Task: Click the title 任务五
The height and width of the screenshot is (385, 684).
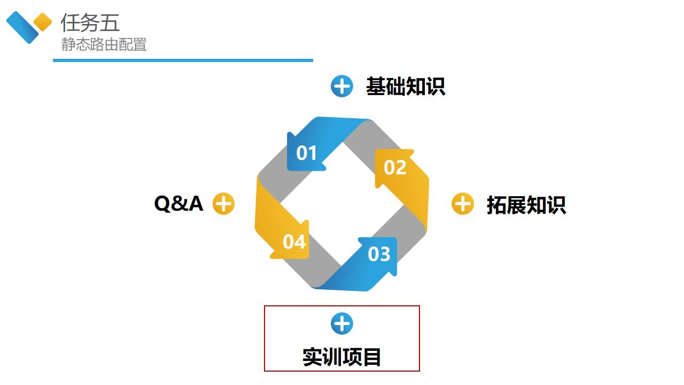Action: (x=90, y=23)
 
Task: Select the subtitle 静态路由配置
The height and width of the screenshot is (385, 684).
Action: (x=104, y=45)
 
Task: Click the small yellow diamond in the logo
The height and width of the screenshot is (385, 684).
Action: (x=43, y=22)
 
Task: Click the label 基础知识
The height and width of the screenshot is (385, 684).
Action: (x=406, y=87)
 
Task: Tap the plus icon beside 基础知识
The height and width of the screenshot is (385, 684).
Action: (x=342, y=86)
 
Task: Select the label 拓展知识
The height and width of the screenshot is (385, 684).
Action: (x=526, y=205)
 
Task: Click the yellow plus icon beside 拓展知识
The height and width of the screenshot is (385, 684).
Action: (x=463, y=204)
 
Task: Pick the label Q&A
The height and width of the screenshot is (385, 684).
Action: (x=178, y=204)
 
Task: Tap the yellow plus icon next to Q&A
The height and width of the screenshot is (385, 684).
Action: (x=224, y=204)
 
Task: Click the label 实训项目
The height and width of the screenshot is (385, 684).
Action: (x=342, y=357)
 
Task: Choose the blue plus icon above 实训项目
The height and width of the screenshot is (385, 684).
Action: (x=342, y=324)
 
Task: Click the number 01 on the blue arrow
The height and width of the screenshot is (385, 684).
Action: (x=307, y=153)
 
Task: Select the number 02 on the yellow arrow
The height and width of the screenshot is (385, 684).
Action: (x=395, y=168)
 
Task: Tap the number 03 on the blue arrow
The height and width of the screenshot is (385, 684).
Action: (x=379, y=254)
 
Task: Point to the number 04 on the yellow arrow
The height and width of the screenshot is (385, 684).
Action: (x=294, y=242)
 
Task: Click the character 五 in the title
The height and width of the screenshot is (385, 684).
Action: (x=110, y=23)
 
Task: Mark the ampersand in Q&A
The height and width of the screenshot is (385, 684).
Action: (x=178, y=204)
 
